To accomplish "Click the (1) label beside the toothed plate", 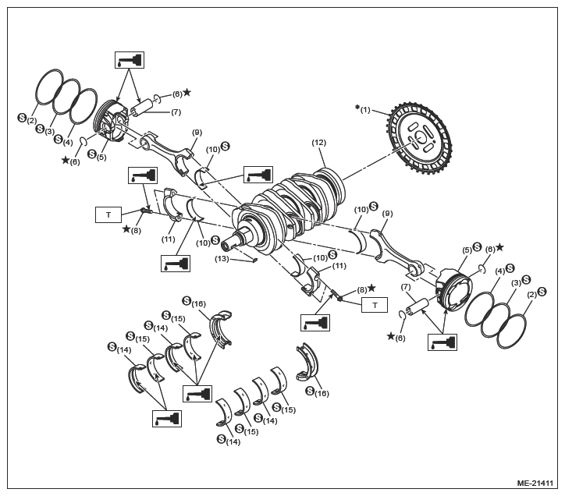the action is tap(365, 110).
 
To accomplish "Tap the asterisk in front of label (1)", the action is tap(357, 107).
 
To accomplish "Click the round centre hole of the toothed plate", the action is tap(419, 137).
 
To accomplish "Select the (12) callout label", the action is tap(319, 143).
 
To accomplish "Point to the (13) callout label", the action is tap(222, 259).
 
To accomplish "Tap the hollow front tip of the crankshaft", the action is tap(226, 246).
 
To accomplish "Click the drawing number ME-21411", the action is tap(535, 483).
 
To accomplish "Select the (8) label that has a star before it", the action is tap(136, 230).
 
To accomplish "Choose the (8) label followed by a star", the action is tap(362, 289).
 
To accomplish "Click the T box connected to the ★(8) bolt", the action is tap(108, 214).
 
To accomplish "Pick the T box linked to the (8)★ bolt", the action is tap(375, 305).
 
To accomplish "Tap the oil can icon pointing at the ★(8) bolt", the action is tap(143, 175).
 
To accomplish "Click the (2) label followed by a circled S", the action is tap(531, 294).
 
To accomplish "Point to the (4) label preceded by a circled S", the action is tap(68, 142).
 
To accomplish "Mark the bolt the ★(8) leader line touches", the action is tap(147, 211).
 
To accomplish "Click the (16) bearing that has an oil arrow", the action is tap(221, 327).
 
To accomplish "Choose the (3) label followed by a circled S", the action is tap(516, 283).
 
